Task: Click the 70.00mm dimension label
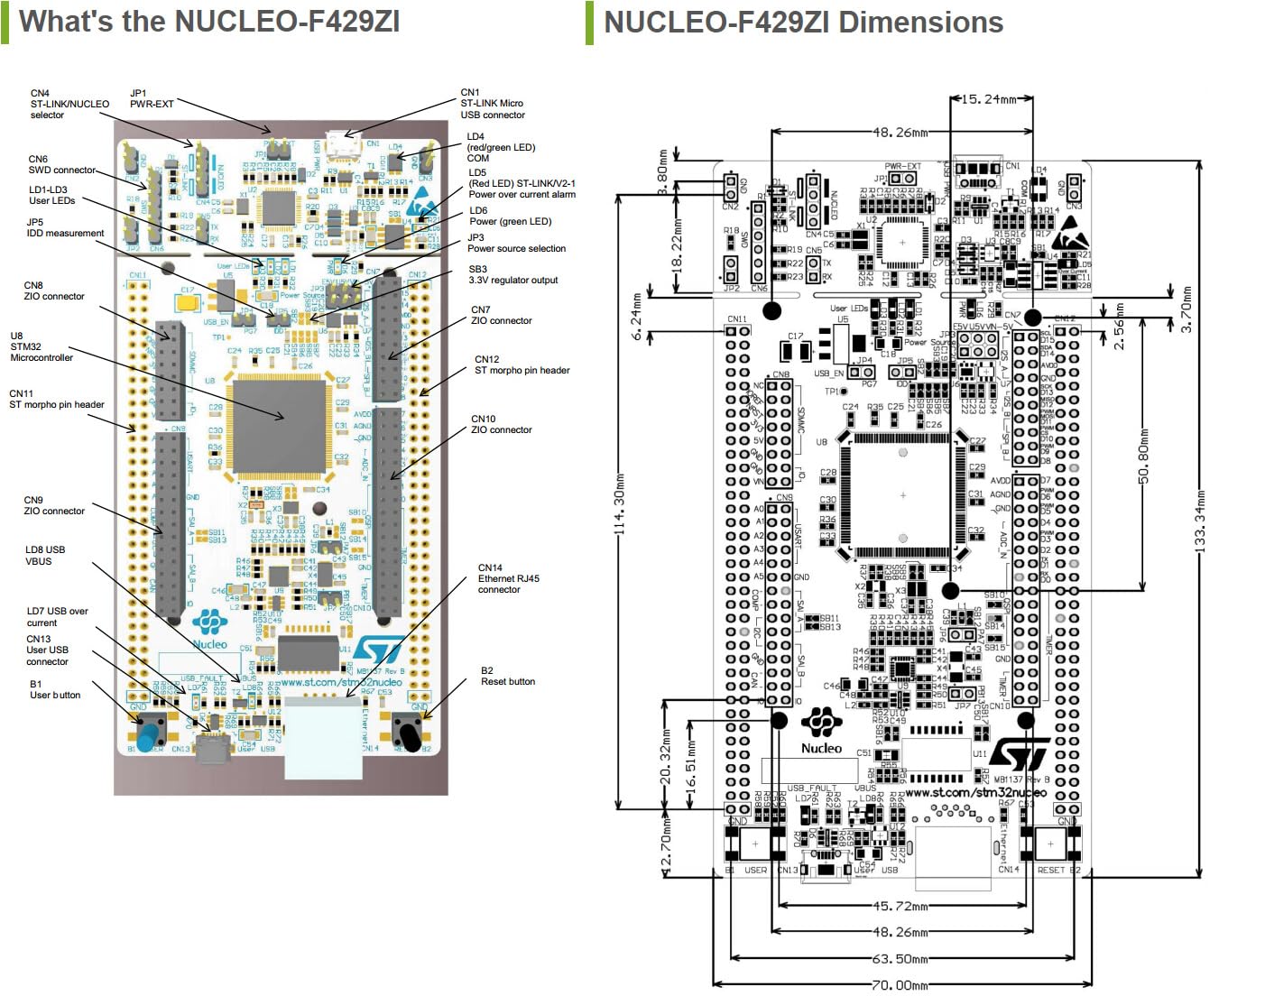900,985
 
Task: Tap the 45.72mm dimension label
900,906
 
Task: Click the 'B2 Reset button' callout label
507,676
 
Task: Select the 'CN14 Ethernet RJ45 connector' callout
508,578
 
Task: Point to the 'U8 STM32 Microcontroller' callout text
42,346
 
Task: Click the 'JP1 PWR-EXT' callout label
152,98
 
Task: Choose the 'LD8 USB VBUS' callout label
45,555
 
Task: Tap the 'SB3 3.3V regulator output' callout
512,274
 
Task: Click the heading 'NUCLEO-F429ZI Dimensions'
803,23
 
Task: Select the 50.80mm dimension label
1144,456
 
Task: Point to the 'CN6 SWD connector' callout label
61,164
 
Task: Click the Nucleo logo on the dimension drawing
821,731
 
